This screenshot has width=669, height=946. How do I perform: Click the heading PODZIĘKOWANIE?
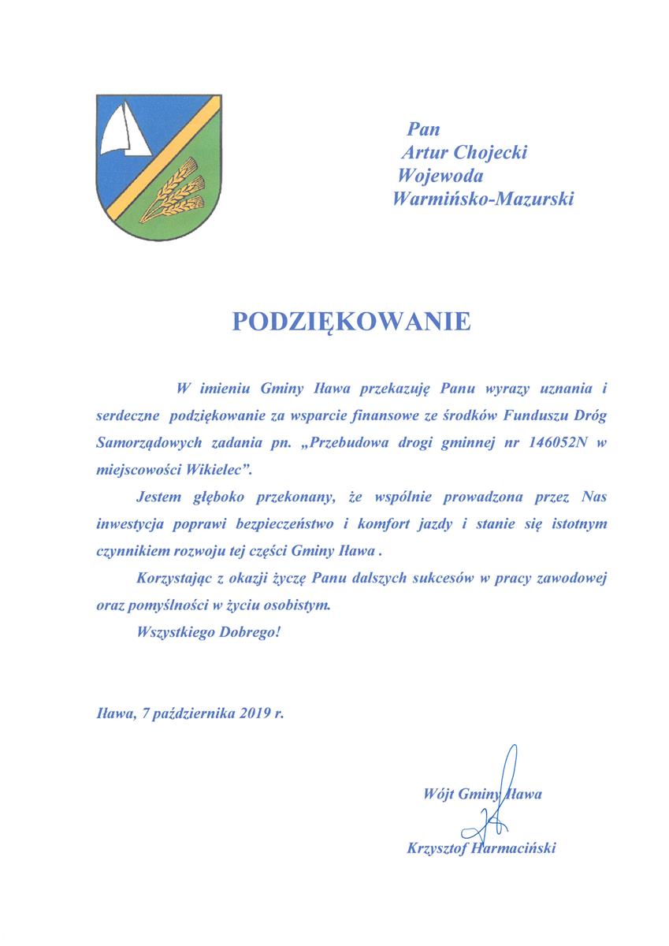click(x=351, y=321)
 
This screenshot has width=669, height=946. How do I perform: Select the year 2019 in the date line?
click(x=251, y=714)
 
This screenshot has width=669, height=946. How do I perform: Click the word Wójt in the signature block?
click(x=438, y=793)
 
